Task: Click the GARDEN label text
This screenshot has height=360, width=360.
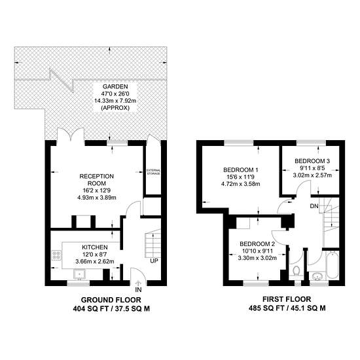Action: (x=115, y=86)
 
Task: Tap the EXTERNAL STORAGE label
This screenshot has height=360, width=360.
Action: (x=154, y=172)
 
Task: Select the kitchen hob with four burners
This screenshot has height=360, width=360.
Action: (x=56, y=255)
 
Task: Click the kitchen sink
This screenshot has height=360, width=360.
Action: (x=80, y=274)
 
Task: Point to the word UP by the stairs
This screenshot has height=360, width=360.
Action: (x=154, y=261)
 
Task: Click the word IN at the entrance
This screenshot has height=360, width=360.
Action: (x=138, y=290)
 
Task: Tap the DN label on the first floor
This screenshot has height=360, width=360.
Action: (x=314, y=206)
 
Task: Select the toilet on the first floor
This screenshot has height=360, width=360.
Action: (x=297, y=271)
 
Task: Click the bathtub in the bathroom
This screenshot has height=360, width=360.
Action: (x=333, y=265)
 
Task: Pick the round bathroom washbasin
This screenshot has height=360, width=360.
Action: (x=317, y=276)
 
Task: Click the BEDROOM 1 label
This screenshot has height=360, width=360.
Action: (x=241, y=170)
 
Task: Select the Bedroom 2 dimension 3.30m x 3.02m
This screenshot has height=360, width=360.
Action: (x=257, y=258)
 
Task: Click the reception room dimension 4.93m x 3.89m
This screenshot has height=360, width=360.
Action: (x=96, y=197)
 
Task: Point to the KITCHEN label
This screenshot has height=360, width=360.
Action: (x=95, y=247)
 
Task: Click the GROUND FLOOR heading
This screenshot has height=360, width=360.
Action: (x=111, y=300)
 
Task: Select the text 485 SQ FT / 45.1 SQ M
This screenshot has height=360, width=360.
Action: (x=287, y=308)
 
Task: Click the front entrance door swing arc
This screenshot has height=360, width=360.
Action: (x=138, y=274)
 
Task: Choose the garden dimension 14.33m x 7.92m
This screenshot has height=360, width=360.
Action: (x=115, y=101)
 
